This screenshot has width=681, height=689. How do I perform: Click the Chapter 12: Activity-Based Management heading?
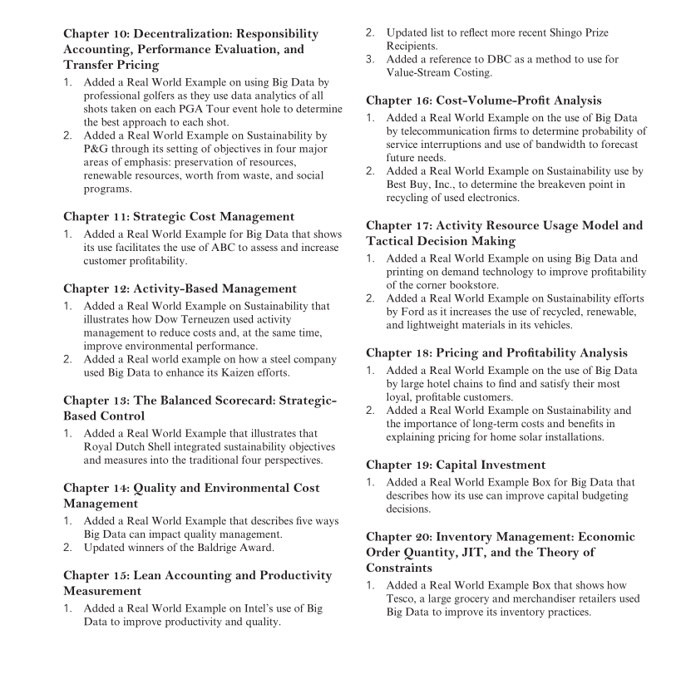point(180,289)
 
